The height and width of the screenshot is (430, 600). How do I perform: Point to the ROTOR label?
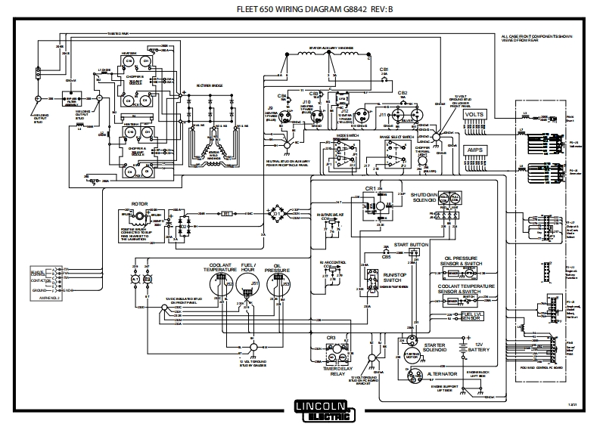(139, 203)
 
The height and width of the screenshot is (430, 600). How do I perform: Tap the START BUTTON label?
(412, 245)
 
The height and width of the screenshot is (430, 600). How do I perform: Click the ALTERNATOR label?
(446, 373)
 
